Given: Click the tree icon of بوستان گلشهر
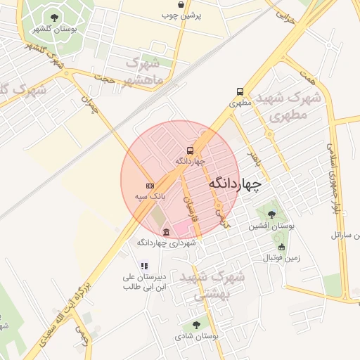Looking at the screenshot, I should pyautogui.click(x=55, y=17).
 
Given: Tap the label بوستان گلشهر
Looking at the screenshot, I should pyautogui.click(x=55, y=28).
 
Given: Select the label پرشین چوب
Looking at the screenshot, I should pyautogui.click(x=181, y=15).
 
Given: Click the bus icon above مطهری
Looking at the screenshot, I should pyautogui.click(x=240, y=91).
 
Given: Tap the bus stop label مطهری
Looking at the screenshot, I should pyautogui.click(x=240, y=103).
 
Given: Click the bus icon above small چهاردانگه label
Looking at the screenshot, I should pyautogui.click(x=190, y=150).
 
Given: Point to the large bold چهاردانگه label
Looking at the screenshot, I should pyautogui.click(x=235, y=184).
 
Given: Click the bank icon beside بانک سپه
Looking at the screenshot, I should pyautogui.click(x=149, y=186).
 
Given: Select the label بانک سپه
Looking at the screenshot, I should pyautogui.click(x=149, y=197).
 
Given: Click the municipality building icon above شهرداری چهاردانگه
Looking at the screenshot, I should pyautogui.click(x=166, y=232).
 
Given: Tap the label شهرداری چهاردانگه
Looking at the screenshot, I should pyautogui.click(x=166, y=243).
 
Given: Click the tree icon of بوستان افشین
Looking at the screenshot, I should pyautogui.click(x=271, y=214).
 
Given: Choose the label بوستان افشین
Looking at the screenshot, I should pyautogui.click(x=271, y=226).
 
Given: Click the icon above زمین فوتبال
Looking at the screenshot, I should pyautogui.click(x=281, y=247).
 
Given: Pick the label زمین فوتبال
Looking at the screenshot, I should pyautogui.click(x=281, y=258).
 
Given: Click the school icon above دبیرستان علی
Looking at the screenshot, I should pyautogui.click(x=143, y=266).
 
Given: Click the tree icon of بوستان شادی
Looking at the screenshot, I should pyautogui.click(x=196, y=326).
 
